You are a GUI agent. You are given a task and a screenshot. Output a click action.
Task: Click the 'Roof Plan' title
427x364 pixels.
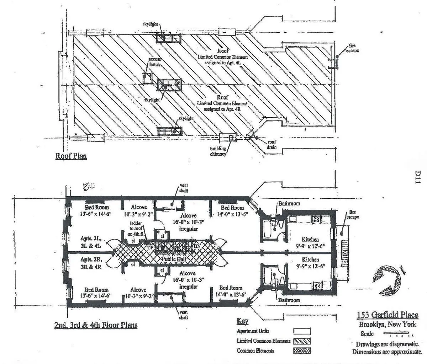(71, 156)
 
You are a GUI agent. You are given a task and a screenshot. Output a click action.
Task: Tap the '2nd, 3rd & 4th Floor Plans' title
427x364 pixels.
(95, 325)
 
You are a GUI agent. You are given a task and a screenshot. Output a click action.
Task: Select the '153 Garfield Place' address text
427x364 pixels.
(388, 315)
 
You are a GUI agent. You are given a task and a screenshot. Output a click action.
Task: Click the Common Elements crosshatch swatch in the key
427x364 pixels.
(302, 351)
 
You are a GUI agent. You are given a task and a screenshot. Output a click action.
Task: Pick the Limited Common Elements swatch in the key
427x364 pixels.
(302, 341)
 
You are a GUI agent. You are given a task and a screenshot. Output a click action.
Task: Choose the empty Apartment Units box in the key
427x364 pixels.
(302, 331)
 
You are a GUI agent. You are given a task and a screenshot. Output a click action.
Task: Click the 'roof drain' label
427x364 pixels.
(272, 144)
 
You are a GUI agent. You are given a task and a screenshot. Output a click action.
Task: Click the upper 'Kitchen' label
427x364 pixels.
(310, 240)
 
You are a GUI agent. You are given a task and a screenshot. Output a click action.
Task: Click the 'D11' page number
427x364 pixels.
(418, 177)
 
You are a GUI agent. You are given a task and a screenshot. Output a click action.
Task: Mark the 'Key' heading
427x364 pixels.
(242, 321)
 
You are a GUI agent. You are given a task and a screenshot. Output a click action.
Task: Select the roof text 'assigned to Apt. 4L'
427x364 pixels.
(222, 62)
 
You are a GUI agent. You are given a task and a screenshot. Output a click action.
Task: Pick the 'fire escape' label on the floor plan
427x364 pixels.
(352, 214)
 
